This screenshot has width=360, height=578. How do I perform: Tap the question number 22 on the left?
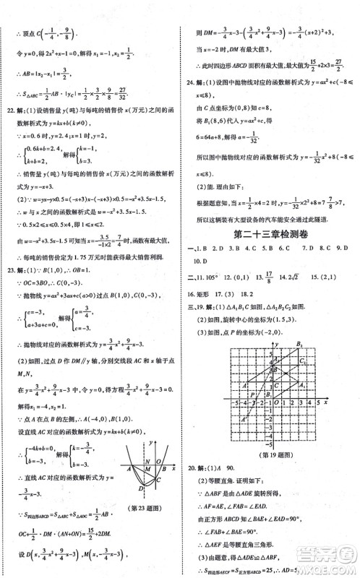pyautogui.click(x=10, y=111)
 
